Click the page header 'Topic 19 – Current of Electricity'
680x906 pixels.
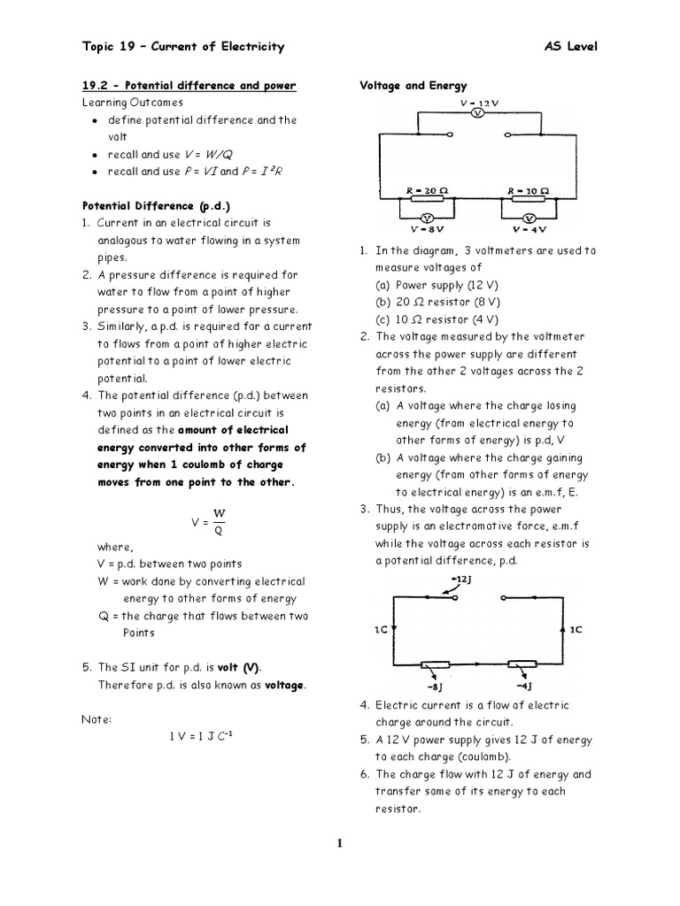click(182, 46)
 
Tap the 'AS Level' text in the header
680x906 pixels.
click(570, 46)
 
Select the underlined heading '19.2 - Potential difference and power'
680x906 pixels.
click(189, 86)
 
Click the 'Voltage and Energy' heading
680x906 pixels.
click(413, 86)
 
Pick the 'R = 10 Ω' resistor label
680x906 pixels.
click(529, 190)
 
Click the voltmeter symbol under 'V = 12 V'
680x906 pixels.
click(476, 115)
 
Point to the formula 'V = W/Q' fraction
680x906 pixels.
click(211, 521)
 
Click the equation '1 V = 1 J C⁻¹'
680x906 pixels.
click(199, 736)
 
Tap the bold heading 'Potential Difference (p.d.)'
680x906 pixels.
click(149, 205)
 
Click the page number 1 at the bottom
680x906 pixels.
click(339, 843)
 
